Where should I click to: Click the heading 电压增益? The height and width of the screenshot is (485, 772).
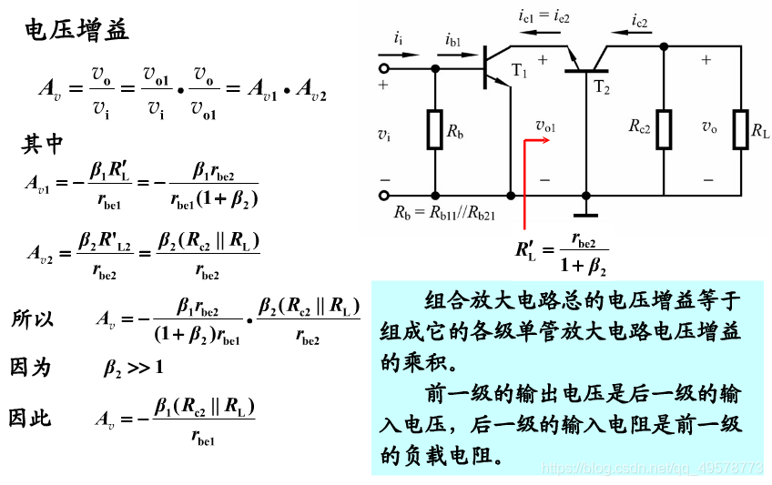coord(76,30)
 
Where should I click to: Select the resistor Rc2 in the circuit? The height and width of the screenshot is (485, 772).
coord(664,128)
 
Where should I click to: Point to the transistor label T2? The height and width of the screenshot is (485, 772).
coord(602,87)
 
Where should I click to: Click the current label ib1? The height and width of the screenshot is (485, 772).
coord(452,39)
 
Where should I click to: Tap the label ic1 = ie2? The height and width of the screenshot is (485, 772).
coord(543,15)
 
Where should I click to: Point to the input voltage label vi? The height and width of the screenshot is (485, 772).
coord(384,134)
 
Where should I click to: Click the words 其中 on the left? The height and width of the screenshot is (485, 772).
coord(43,144)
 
